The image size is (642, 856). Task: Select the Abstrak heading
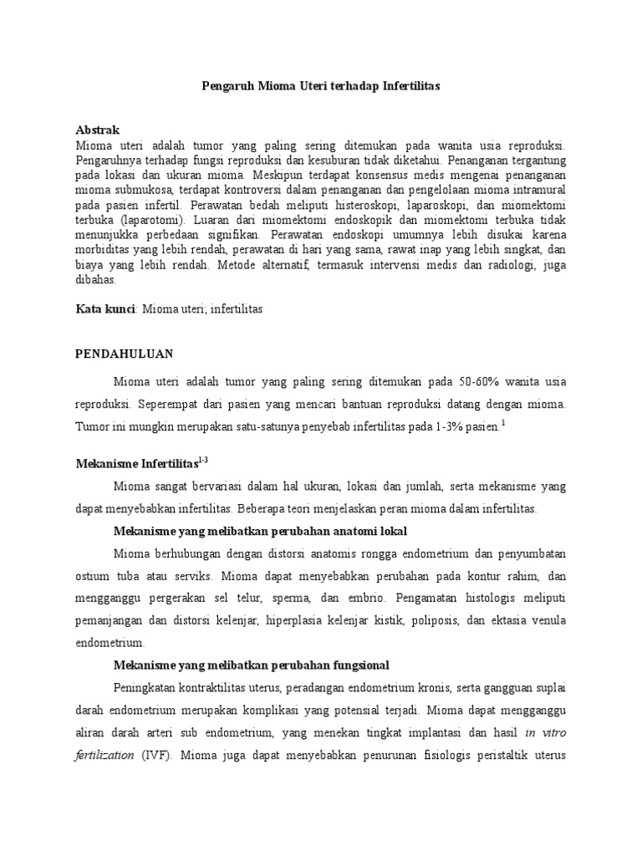click(98, 130)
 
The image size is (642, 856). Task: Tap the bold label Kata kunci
click(105, 309)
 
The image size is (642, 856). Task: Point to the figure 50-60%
click(479, 382)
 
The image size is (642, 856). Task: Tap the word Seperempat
click(170, 404)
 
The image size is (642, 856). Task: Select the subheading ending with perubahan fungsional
click(251, 665)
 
